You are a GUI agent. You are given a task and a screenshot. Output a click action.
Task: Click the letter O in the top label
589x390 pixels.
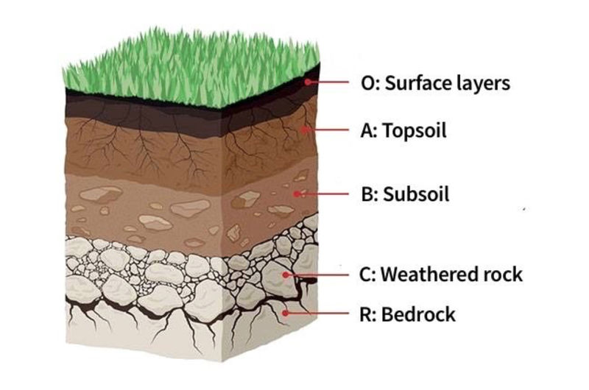pyautogui.click(x=369, y=83)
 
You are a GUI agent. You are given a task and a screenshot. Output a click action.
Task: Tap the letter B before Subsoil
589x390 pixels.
pyautogui.click(x=367, y=195)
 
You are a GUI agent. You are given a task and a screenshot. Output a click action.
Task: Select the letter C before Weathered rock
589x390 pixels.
pyautogui.click(x=367, y=274)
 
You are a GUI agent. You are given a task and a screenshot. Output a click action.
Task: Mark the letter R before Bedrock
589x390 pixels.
pyautogui.click(x=367, y=315)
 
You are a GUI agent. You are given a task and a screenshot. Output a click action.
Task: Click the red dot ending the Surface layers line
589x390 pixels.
pyautogui.click(x=311, y=82)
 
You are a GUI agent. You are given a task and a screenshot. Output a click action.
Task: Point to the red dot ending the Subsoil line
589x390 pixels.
pyautogui.click(x=297, y=194)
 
